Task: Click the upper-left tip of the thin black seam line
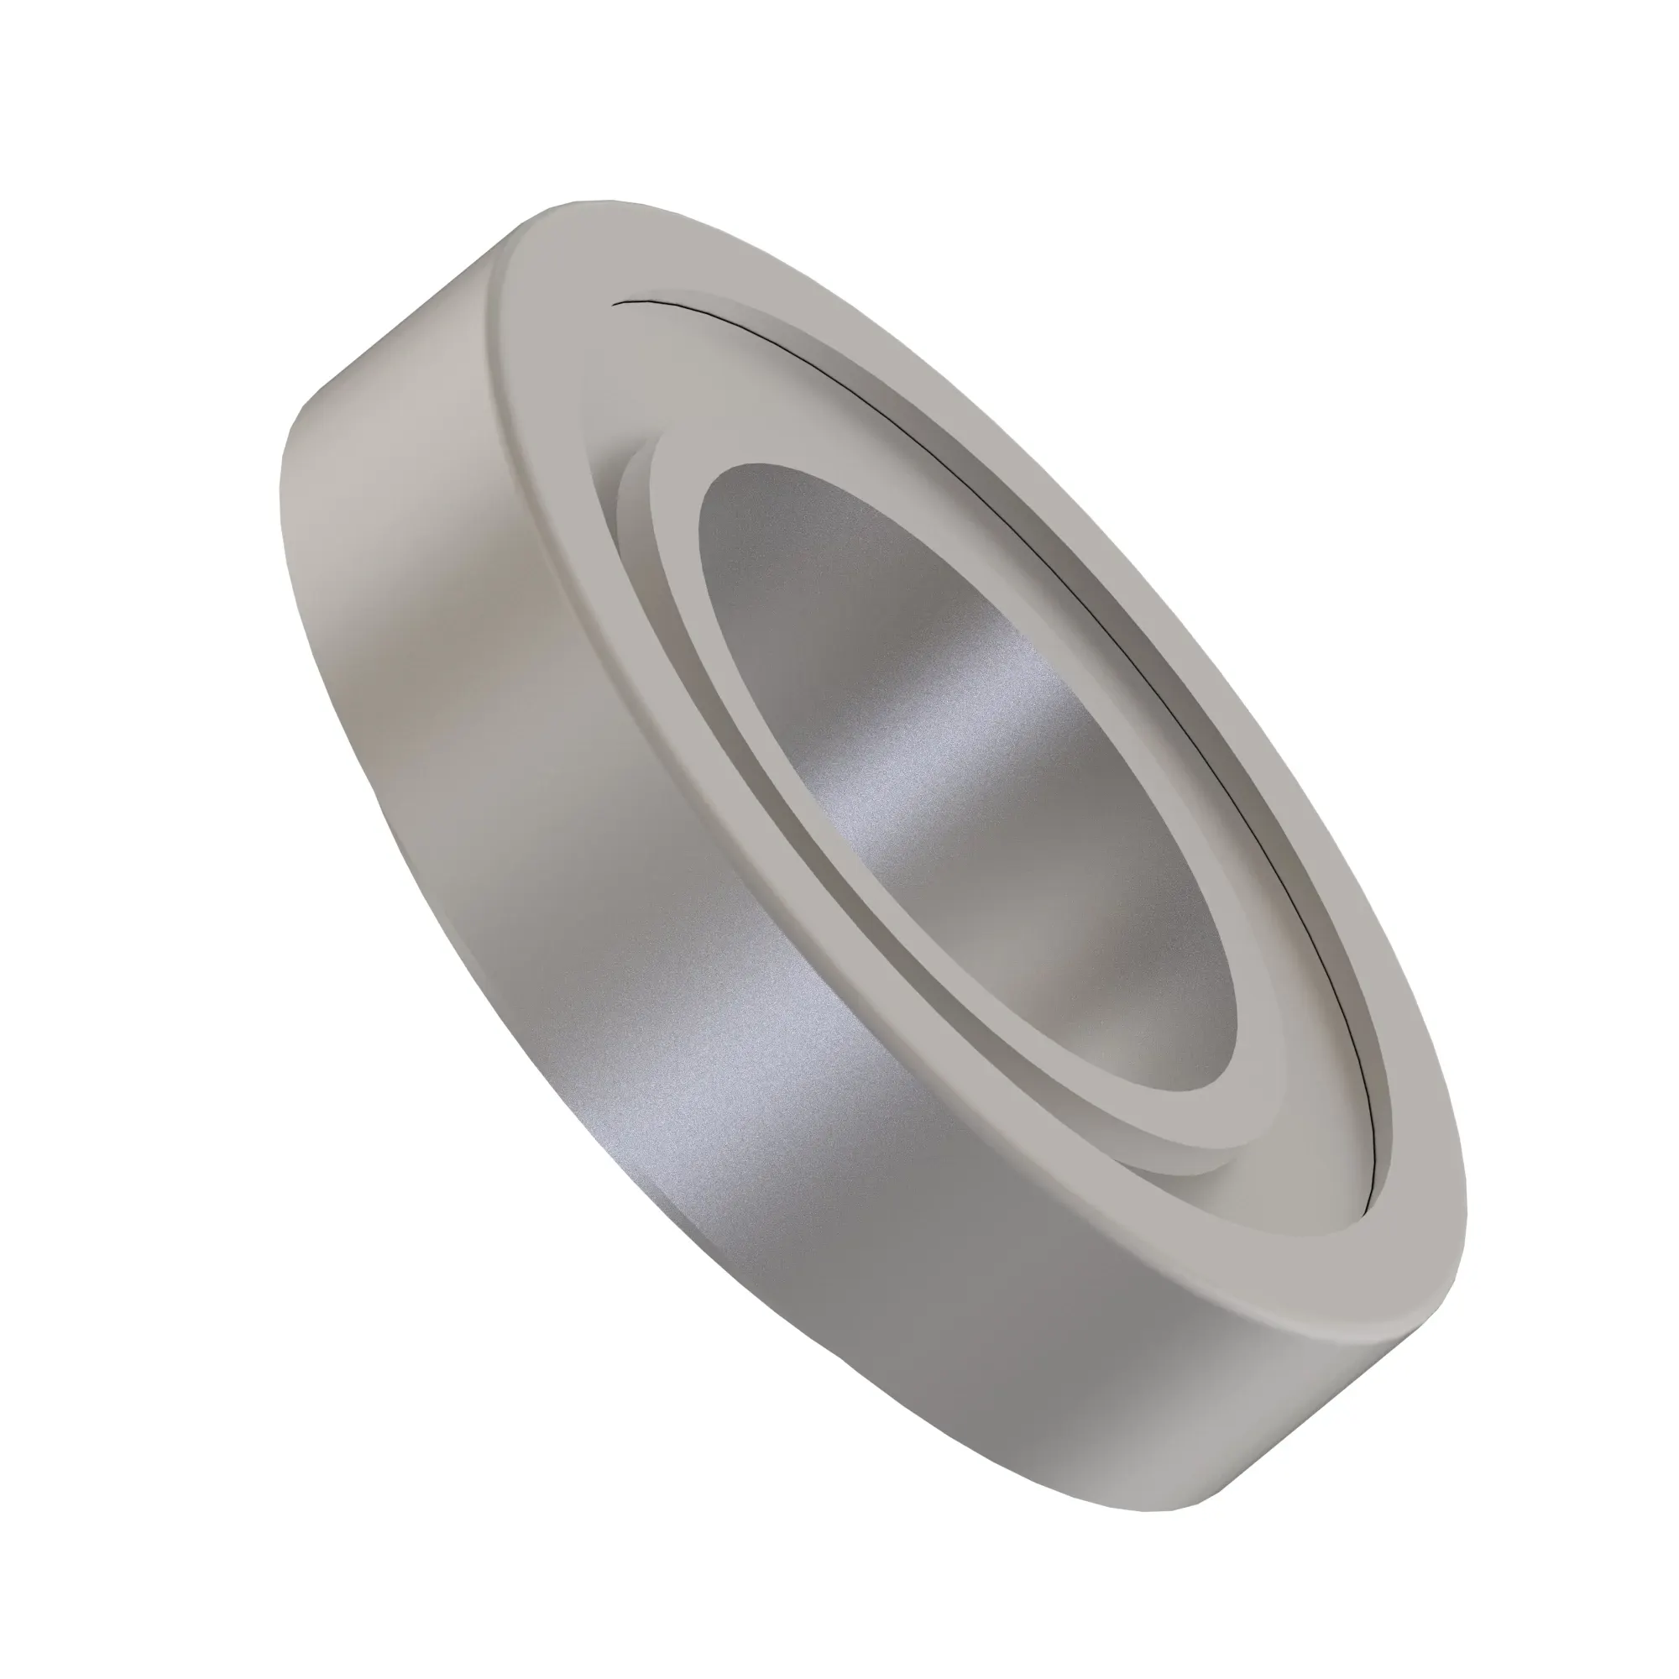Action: pos(615,303)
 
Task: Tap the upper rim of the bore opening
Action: pos(765,469)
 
